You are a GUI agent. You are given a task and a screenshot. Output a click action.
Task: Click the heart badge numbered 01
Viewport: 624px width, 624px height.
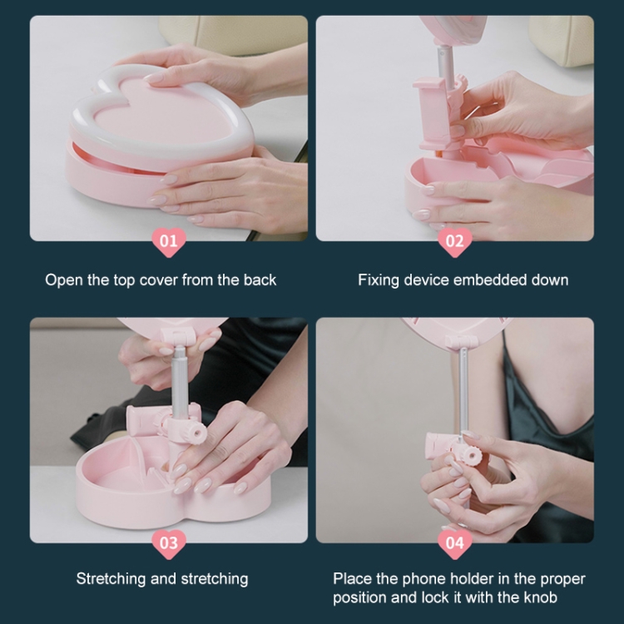click(x=169, y=241)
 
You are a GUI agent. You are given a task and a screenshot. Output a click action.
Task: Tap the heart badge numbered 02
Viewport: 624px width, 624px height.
click(x=455, y=241)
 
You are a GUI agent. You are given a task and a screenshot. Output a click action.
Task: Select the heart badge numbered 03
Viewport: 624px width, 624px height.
click(x=169, y=543)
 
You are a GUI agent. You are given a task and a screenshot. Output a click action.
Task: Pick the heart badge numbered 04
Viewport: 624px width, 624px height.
click(x=455, y=543)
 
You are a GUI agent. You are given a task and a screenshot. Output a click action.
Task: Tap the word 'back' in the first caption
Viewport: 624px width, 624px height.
click(x=260, y=280)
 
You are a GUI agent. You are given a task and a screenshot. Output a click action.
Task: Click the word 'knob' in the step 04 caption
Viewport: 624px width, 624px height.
click(x=540, y=597)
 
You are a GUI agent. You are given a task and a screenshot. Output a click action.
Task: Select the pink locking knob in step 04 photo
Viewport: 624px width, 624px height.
click(x=473, y=455)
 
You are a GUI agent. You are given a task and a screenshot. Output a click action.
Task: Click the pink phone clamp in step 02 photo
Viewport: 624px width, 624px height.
click(x=432, y=112)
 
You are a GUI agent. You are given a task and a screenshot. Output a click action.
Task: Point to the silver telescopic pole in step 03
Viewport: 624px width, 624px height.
click(x=180, y=381)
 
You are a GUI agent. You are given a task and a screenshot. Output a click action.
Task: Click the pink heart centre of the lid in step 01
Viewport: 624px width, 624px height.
click(x=159, y=112)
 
